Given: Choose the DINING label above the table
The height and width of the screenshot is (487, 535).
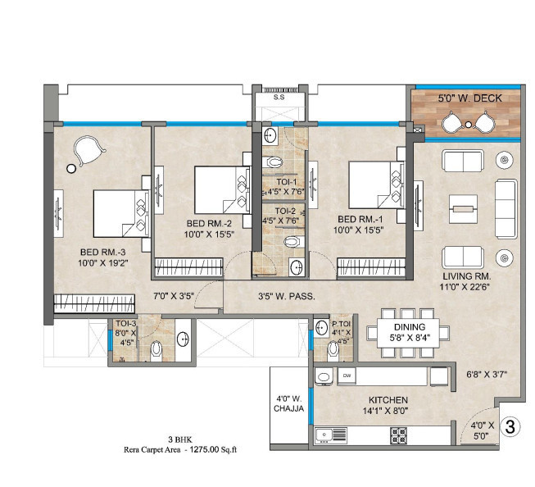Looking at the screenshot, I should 409,327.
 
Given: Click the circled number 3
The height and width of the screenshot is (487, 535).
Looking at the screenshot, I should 510,426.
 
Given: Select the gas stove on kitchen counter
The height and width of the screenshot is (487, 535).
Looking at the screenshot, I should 399,435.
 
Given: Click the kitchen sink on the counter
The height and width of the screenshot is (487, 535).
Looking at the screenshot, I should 332,434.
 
